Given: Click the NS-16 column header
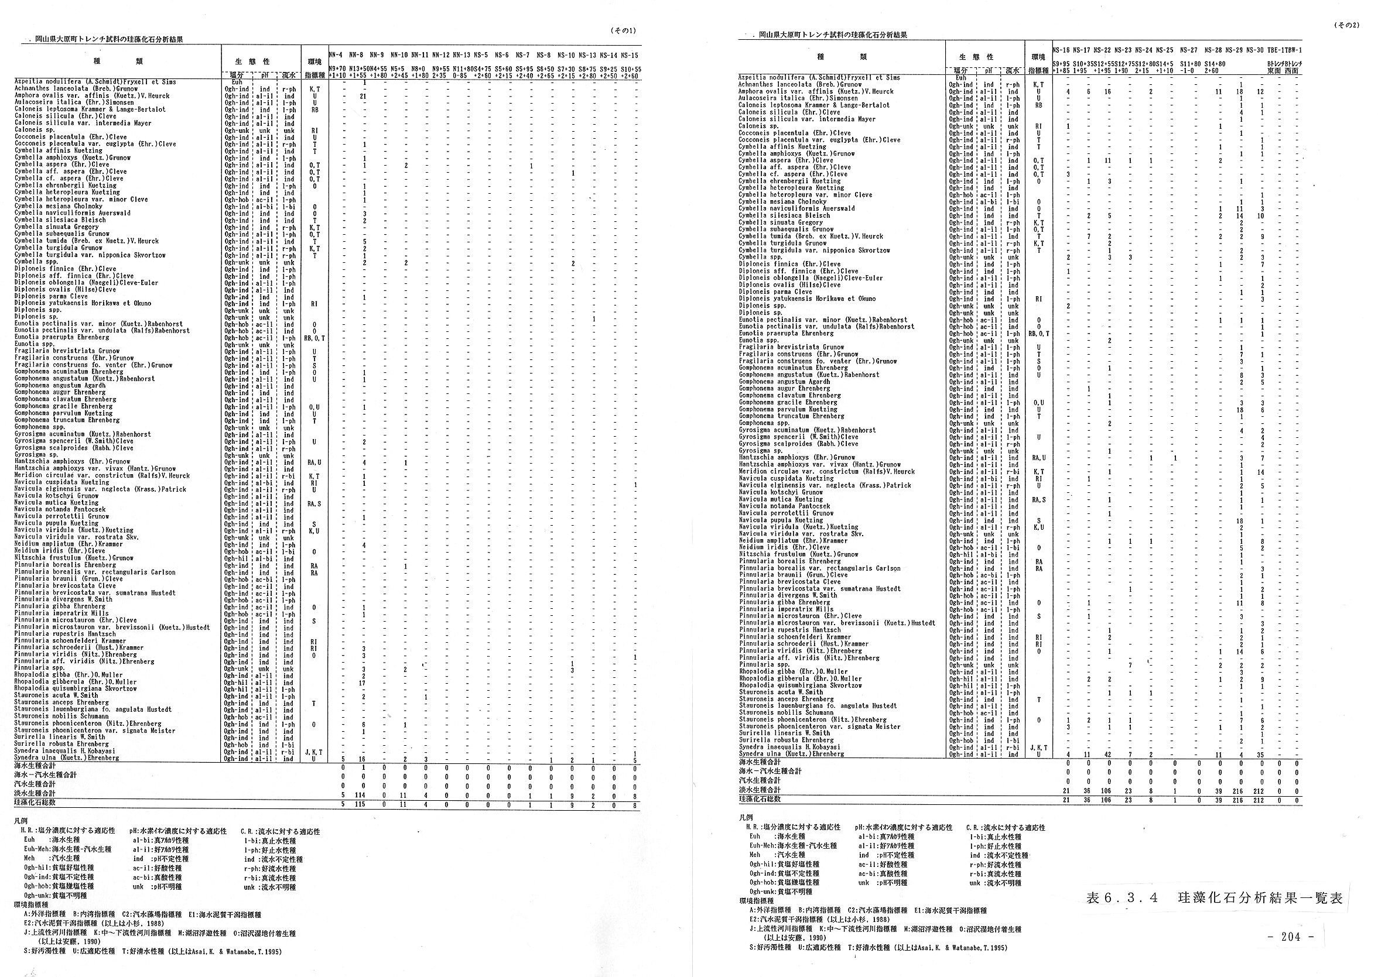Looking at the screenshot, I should coord(1062,50).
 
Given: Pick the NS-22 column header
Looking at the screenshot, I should coord(1102,50).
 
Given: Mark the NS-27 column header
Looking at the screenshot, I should coord(1189,50).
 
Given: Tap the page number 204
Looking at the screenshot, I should coord(1290,937).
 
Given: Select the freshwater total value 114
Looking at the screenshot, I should coord(363,794).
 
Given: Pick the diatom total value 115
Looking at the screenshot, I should coord(363,804).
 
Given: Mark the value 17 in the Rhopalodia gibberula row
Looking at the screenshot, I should coord(363,683).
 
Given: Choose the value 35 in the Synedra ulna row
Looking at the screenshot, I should coord(1260,755).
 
